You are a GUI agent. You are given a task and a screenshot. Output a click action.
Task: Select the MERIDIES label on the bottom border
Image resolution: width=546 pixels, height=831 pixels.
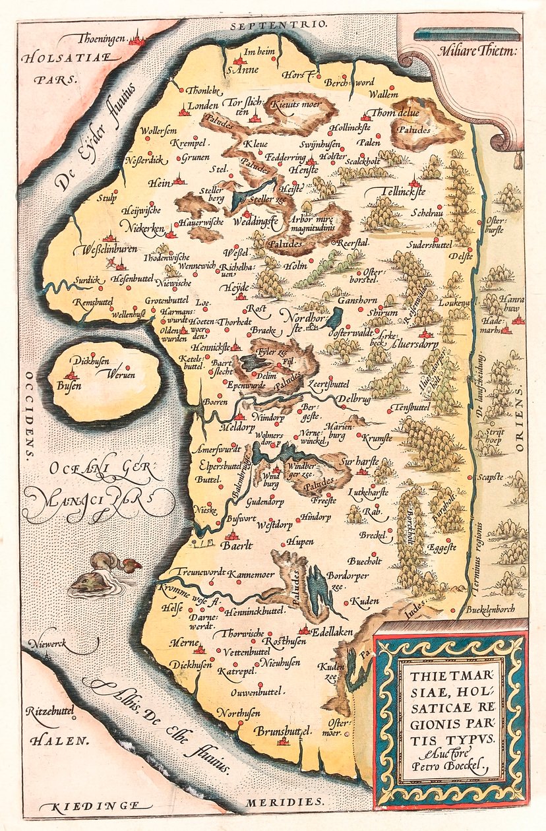point(285,803)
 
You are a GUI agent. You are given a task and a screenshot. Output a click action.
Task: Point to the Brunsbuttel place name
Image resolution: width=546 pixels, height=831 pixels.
point(283,731)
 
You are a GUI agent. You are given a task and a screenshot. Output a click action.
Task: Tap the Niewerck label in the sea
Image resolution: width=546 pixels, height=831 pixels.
point(49,640)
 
